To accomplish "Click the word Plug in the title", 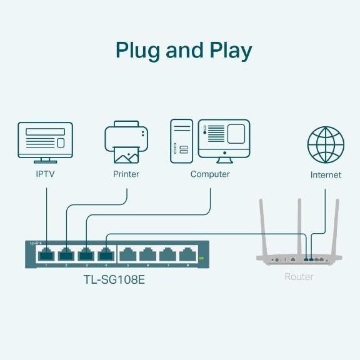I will (138, 51).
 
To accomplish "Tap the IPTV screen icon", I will (45, 141).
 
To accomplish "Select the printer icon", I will (126, 142).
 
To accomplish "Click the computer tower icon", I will (181, 141).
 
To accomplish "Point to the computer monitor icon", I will (224, 139).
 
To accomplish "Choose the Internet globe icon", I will (326, 145).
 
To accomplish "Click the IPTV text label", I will (45, 174).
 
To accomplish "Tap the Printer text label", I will (126, 174).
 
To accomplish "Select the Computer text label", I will (210, 174).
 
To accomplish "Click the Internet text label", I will (326, 175).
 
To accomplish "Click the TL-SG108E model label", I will (114, 279).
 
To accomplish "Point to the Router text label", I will (299, 276).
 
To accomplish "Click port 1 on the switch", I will (46, 254).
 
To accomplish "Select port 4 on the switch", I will (106, 254).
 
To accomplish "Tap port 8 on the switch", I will (187, 254).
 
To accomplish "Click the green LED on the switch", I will (201, 257).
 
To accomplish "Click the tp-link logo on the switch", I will (36, 242).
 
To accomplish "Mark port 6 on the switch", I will (147, 254).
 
